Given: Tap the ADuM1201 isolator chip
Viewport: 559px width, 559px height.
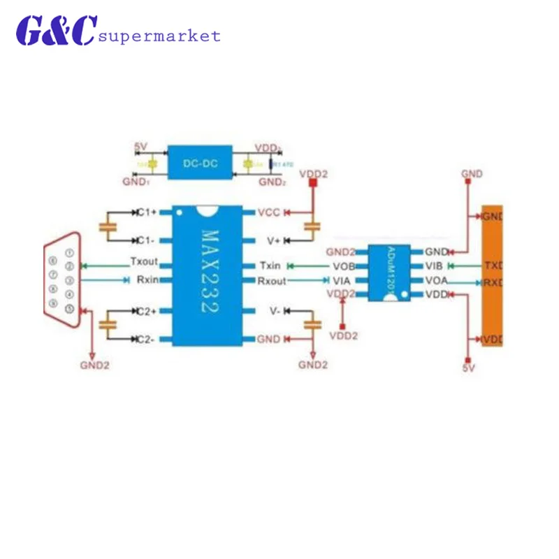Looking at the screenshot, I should (x=390, y=273).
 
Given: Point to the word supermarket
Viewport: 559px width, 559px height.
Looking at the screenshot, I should (x=160, y=36).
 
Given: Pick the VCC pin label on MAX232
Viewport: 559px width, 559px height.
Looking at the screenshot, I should (x=269, y=211).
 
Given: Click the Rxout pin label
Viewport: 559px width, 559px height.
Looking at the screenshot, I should (x=272, y=280).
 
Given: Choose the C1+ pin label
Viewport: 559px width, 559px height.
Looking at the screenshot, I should (x=147, y=211).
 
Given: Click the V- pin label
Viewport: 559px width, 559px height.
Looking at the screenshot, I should (x=275, y=310).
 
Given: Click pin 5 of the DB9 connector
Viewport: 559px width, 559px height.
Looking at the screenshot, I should (x=69, y=309).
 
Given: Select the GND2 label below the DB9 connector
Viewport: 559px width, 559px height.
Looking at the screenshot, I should (x=94, y=364).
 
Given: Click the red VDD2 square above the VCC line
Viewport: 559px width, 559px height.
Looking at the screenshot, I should (x=313, y=183).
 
